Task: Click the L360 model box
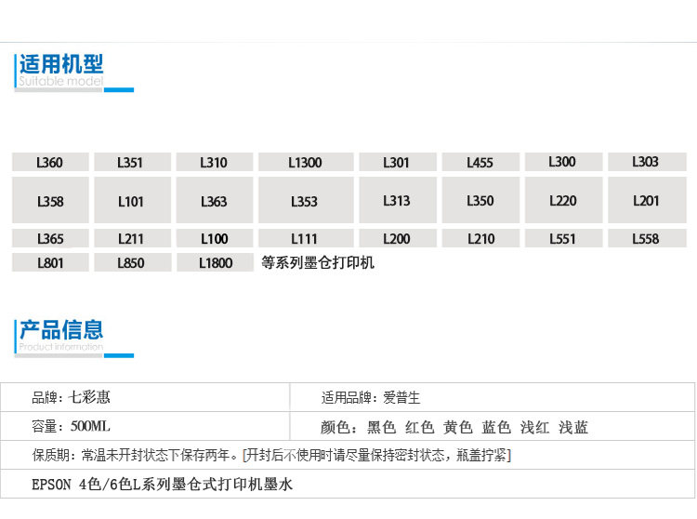click(x=50, y=163)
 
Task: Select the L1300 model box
click(x=305, y=163)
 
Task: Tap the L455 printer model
click(x=480, y=163)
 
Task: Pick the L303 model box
click(x=645, y=162)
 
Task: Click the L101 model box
click(x=131, y=201)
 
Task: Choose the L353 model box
click(x=305, y=201)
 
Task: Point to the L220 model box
click(x=562, y=200)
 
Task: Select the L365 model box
click(x=50, y=239)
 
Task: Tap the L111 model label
click(x=305, y=239)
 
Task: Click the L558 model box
click(x=645, y=239)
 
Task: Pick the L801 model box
click(x=50, y=263)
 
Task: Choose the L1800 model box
click(x=216, y=263)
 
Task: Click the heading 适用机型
click(x=61, y=64)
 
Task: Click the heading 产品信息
click(x=61, y=329)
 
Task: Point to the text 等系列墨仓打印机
click(x=318, y=263)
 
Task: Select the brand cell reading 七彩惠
click(x=90, y=397)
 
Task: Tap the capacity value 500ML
click(x=90, y=427)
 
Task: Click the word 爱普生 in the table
click(x=401, y=397)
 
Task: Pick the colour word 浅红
click(x=534, y=428)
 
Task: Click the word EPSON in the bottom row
click(x=50, y=485)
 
